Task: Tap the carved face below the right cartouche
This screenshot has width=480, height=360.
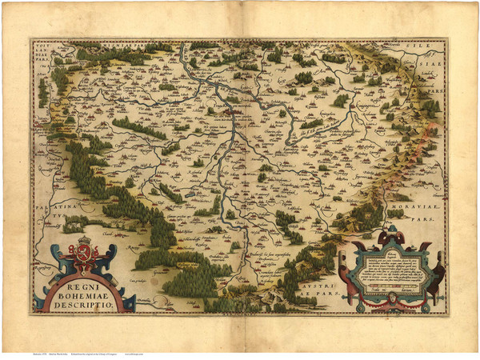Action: pyautogui.click(x=386, y=302)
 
